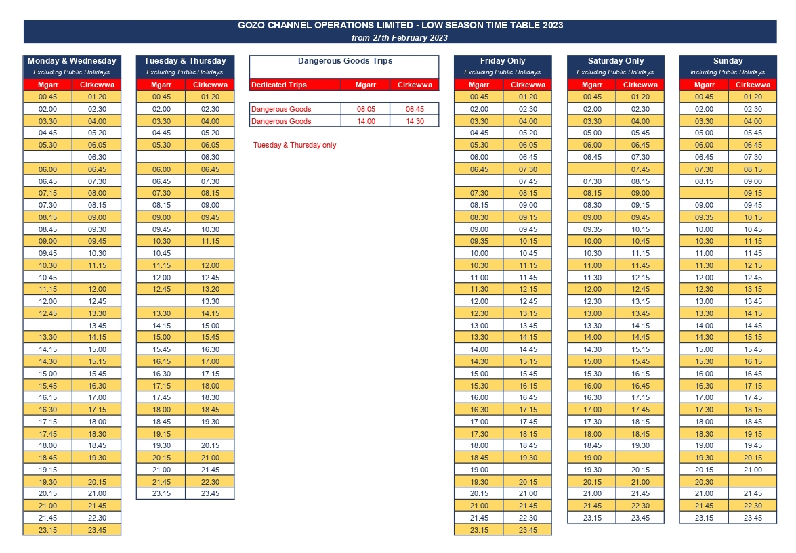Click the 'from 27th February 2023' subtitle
[x=400, y=37]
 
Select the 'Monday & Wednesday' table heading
[x=72, y=61]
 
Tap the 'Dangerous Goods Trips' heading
[x=345, y=61]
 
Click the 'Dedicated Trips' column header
[x=279, y=85]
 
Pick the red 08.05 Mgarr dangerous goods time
[x=366, y=109]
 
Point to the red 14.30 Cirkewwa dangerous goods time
[x=415, y=121]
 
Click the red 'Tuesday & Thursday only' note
[x=295, y=145]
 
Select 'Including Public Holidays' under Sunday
[x=728, y=72]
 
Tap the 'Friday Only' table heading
[x=503, y=61]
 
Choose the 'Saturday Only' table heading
[x=616, y=61]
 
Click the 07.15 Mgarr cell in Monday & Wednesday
[x=47, y=194]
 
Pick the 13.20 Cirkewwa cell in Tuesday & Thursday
[x=210, y=289]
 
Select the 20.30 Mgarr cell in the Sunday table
[x=704, y=482]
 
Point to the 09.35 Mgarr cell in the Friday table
[x=479, y=242]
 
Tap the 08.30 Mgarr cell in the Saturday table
[x=592, y=206]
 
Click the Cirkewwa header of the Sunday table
[x=753, y=85]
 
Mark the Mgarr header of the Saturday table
[x=592, y=85]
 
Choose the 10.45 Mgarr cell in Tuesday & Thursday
[x=161, y=253]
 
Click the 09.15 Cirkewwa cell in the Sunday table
[x=753, y=194]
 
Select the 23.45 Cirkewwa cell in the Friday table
[x=528, y=530]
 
